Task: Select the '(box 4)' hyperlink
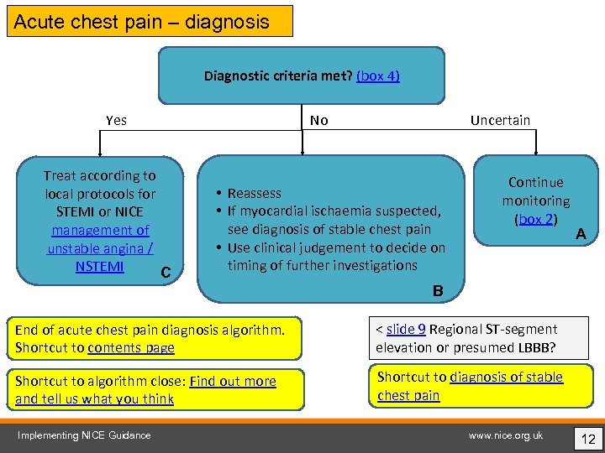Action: (x=377, y=75)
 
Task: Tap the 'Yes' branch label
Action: (x=117, y=120)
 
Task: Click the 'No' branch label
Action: (x=318, y=120)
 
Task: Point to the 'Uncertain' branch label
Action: (x=500, y=120)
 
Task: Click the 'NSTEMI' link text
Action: (x=99, y=267)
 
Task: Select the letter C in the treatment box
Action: (x=166, y=273)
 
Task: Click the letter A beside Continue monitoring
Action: (x=580, y=236)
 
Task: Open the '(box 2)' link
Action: (x=535, y=219)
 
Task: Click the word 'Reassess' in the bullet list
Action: (x=255, y=193)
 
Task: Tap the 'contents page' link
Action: (x=131, y=347)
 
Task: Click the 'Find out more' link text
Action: (x=233, y=382)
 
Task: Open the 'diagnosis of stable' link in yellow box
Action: (x=506, y=377)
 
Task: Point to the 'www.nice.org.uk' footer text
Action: (x=505, y=435)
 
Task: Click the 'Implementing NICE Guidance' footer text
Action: (x=85, y=435)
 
